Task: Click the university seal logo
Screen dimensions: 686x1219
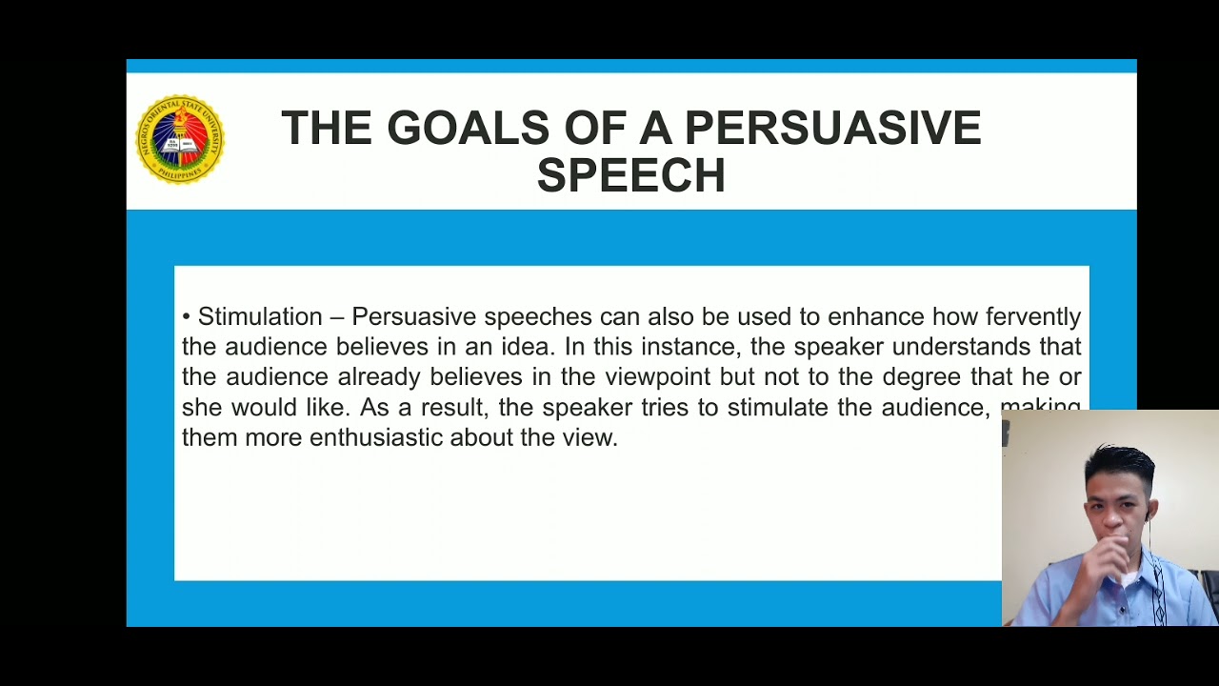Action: click(x=179, y=139)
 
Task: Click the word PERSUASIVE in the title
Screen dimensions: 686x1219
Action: click(x=832, y=129)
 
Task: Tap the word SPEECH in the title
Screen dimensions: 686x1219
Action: click(x=630, y=176)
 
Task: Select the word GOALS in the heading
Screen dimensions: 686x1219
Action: click(x=468, y=129)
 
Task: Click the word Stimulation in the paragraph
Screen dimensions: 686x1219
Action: click(x=260, y=316)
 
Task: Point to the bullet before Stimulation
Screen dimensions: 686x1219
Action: click(x=187, y=316)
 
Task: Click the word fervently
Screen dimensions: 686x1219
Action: click(x=1033, y=316)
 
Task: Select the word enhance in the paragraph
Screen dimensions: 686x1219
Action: click(x=876, y=316)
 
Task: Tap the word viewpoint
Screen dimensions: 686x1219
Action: click(x=658, y=376)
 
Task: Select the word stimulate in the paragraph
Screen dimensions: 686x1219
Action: click(x=777, y=407)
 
